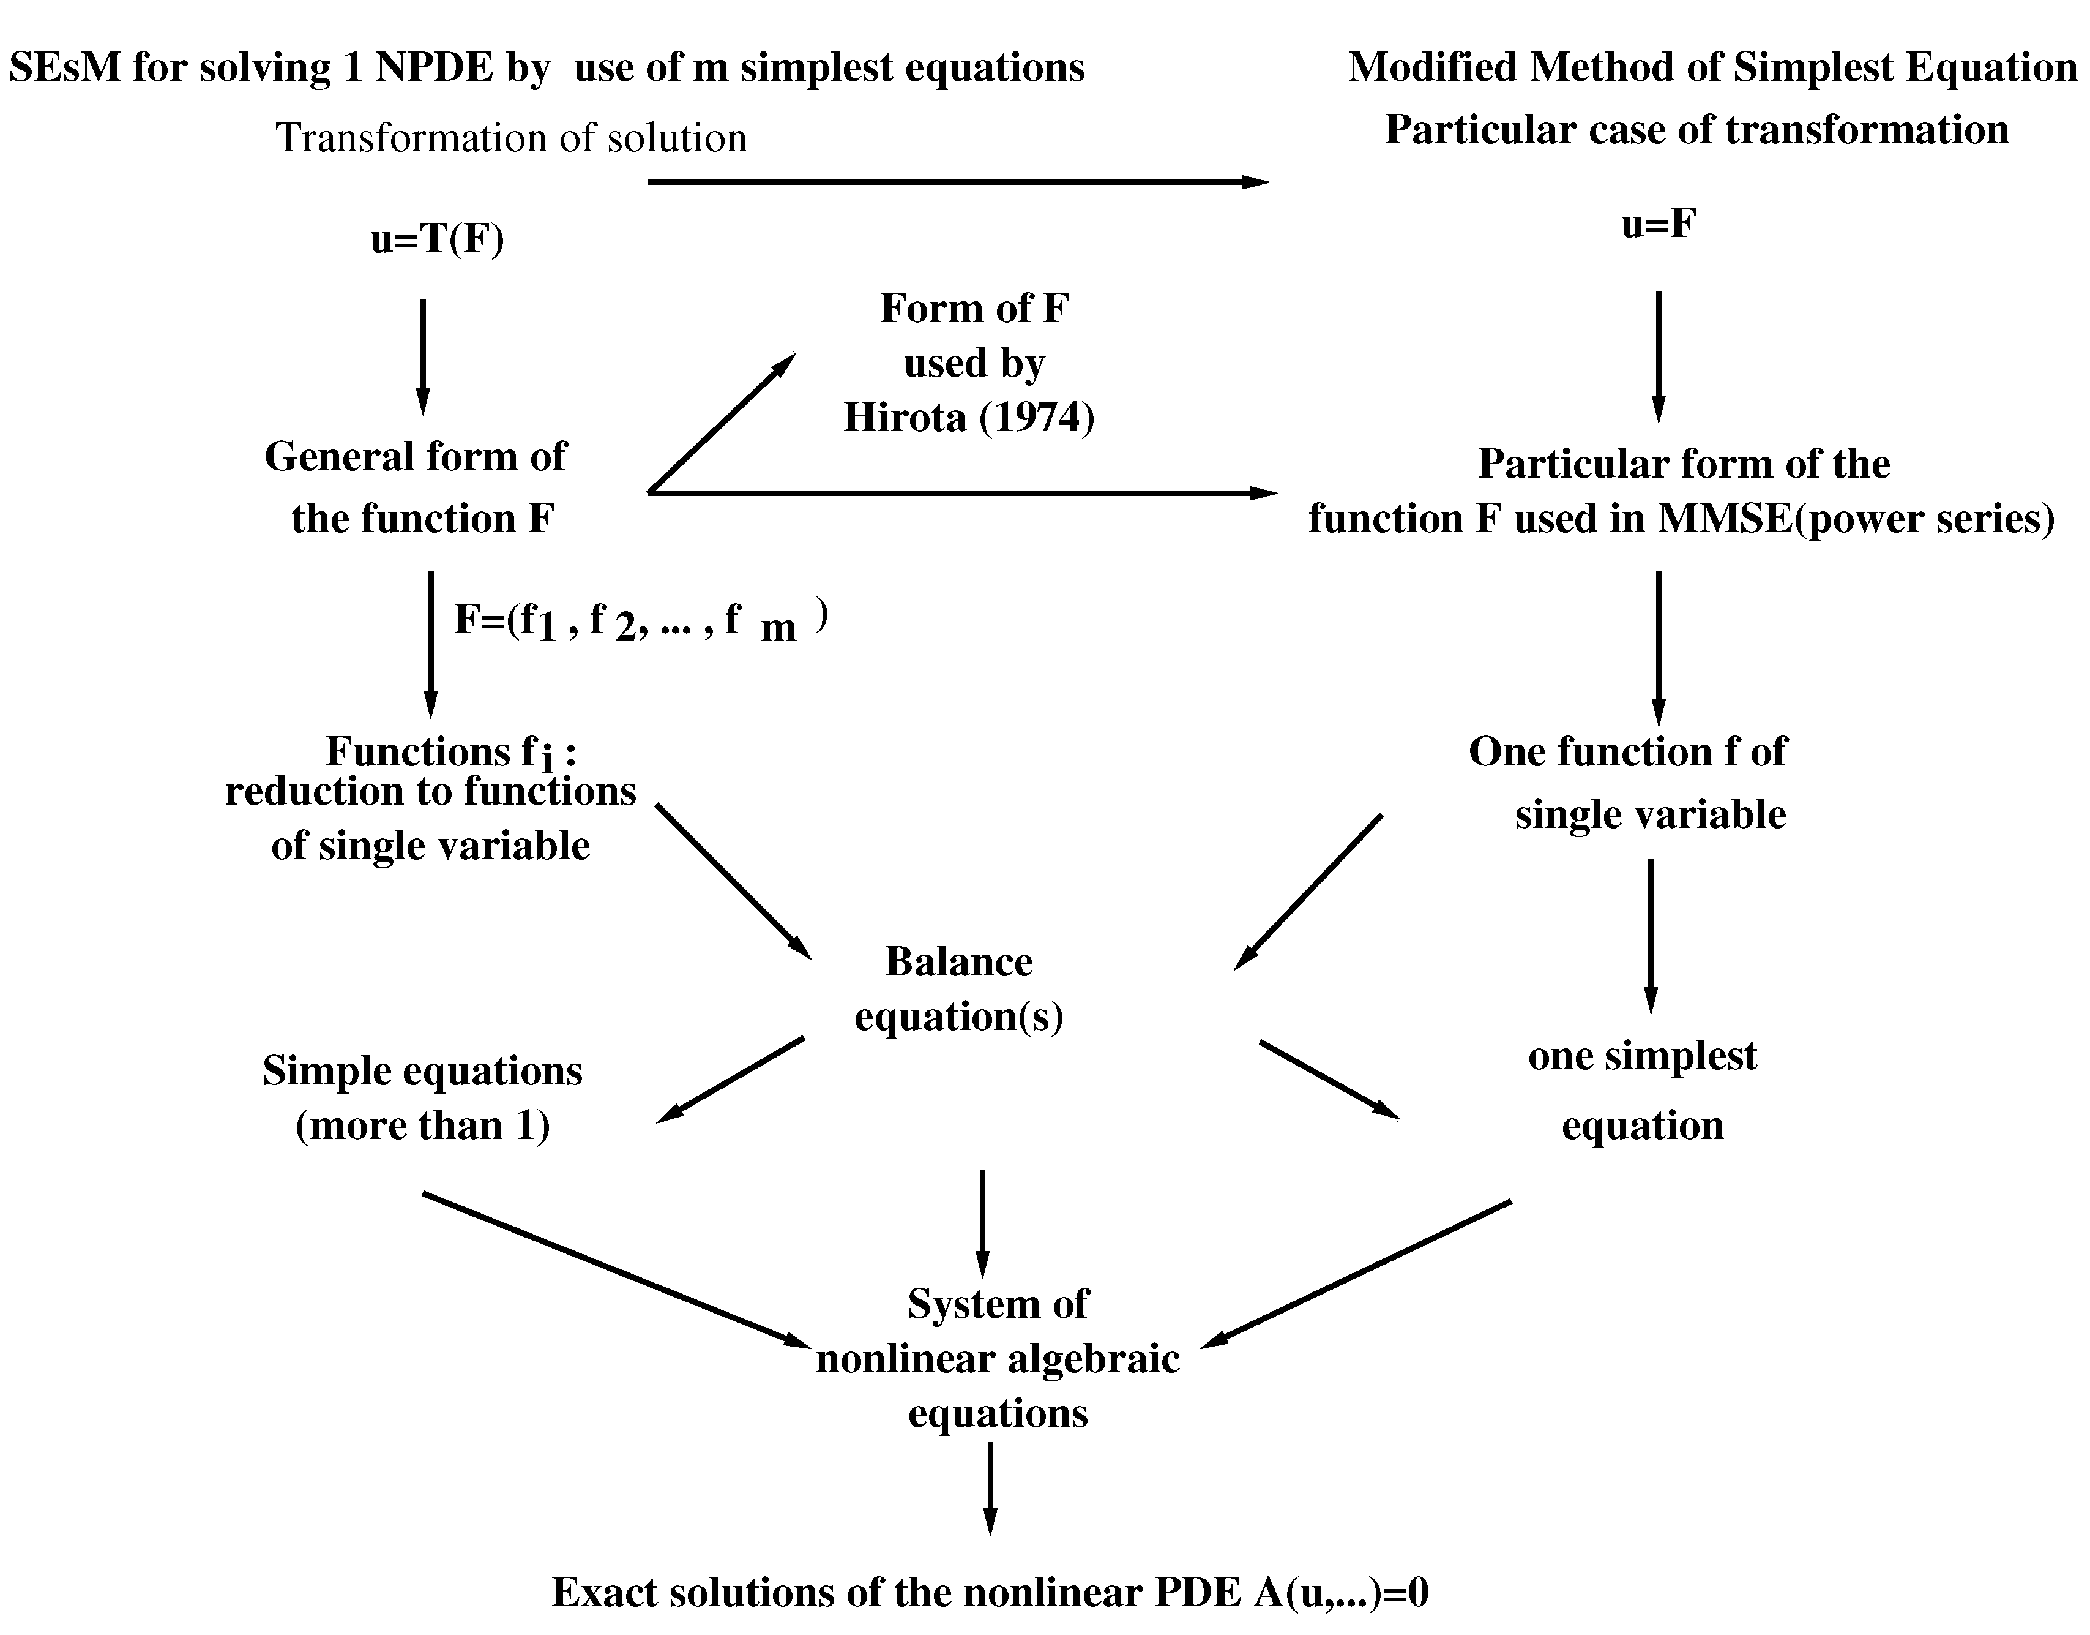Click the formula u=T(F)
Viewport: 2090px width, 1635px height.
tap(438, 239)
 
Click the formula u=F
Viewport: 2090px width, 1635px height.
tap(1659, 224)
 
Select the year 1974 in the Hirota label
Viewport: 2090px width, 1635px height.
tap(1036, 418)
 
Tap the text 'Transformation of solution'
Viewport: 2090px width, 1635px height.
tap(511, 138)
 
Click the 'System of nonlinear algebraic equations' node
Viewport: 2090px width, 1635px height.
tap(997, 1358)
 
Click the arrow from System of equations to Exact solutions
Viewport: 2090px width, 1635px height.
tap(990, 1489)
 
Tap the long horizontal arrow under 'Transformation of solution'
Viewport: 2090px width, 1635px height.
tap(957, 182)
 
